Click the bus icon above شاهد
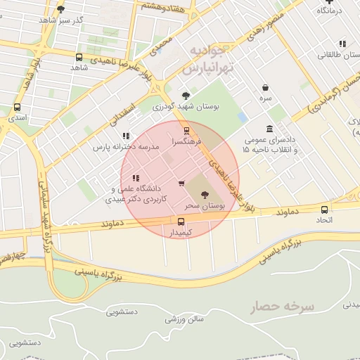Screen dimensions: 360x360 (x=78, y=57)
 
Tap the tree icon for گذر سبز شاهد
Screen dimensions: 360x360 (x=60, y=9)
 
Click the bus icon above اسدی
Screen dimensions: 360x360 (x=17, y=108)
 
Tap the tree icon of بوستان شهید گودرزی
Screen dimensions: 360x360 (x=186, y=96)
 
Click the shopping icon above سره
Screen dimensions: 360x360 (x=265, y=88)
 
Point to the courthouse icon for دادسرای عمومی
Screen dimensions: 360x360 (x=270, y=129)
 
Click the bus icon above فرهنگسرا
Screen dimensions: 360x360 (x=186, y=130)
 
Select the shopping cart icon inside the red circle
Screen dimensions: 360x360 (x=182, y=184)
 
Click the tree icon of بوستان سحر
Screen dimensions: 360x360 (x=204, y=195)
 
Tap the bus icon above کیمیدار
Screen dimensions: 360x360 (x=181, y=221)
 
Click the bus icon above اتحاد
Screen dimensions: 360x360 (x=324, y=210)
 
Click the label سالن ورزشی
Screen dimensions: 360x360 (x=184, y=319)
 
